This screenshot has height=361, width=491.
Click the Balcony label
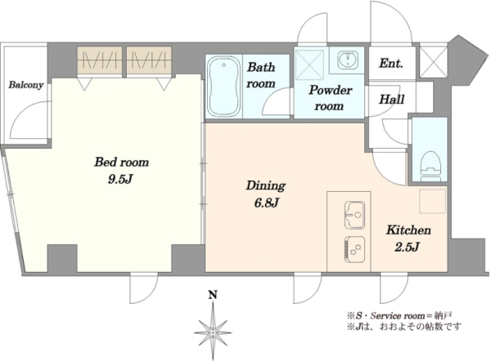26,85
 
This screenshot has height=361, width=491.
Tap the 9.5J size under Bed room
120,179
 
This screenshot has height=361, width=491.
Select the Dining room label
265,185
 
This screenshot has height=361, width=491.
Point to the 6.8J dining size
266,203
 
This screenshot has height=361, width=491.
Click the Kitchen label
408,230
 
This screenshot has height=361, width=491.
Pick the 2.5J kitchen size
407,247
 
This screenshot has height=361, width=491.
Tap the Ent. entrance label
391,64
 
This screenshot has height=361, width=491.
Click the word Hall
391,100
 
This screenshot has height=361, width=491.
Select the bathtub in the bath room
223,86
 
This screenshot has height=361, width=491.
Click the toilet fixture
430,166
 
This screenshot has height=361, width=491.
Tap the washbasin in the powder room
347,60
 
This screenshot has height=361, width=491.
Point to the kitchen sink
354,215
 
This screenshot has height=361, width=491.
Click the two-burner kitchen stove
354,249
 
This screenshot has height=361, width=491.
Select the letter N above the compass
213,294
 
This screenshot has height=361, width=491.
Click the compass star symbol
213,332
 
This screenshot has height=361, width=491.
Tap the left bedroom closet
100,60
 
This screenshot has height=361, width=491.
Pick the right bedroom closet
149,60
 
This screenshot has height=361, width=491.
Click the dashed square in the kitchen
432,201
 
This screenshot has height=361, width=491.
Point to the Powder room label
330,98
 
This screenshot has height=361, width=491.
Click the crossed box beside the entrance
433,62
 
